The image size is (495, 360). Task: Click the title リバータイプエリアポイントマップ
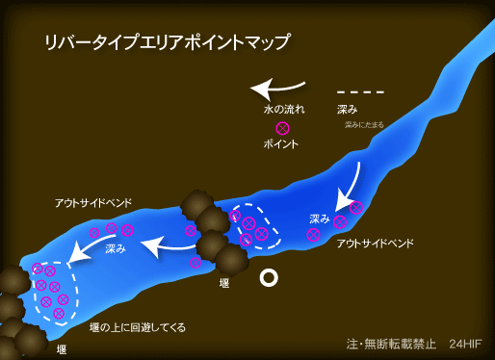(167, 43)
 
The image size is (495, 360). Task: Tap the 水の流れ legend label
(283, 110)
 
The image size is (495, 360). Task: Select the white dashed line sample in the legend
(361, 92)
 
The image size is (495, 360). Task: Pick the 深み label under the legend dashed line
(348, 110)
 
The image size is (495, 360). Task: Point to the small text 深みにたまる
(365, 125)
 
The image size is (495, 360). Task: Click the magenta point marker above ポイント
(282, 128)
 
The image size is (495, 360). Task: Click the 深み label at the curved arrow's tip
(320, 219)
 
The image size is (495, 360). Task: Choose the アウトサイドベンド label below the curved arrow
(376, 244)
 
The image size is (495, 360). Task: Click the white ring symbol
(270, 278)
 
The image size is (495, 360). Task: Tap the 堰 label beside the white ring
(224, 282)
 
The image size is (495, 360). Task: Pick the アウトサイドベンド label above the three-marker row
(93, 203)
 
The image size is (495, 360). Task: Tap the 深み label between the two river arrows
(115, 248)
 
